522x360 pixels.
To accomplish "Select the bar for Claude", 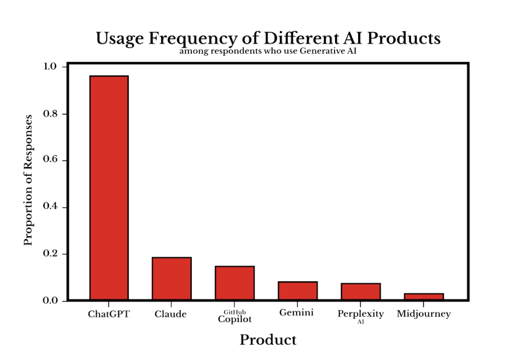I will [171, 278].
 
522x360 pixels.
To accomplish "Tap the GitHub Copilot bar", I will [234, 283].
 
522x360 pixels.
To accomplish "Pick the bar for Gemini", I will [298, 290].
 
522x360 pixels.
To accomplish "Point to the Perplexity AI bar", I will [361, 291].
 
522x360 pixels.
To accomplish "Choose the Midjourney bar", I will [424, 297].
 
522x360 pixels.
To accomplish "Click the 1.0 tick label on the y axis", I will [50, 67].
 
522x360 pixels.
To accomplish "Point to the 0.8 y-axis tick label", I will [50, 114].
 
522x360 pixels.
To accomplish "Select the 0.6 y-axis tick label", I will [50, 160].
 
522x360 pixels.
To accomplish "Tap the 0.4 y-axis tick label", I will [50, 207].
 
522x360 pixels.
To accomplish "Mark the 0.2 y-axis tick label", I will [50, 254].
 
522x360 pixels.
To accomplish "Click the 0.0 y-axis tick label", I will [50, 301].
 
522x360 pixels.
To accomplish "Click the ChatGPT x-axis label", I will [109, 314].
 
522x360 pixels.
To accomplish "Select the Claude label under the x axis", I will [171, 314].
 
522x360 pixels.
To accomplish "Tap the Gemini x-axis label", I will [296, 313].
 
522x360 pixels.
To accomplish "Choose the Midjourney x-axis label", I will [424, 314].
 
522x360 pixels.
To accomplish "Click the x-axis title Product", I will [268, 340].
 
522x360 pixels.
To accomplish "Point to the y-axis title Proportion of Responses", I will [28, 180].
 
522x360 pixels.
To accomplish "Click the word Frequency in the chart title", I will [194, 39].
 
